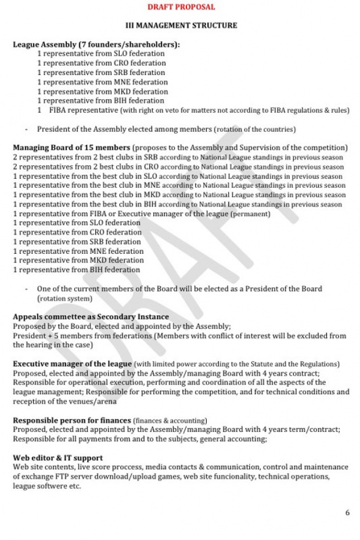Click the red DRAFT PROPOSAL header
click(181, 7)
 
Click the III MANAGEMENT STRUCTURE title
click(181, 26)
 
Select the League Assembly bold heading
click(96, 44)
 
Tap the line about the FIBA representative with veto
click(193, 110)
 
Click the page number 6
click(347, 513)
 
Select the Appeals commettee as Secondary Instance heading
click(91, 317)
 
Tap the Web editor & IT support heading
click(58, 458)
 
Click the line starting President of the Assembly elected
click(166, 129)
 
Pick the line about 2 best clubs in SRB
click(178, 157)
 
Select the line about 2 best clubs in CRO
click(178, 167)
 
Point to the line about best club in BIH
click(178, 204)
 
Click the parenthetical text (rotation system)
click(64, 298)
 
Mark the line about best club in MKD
click(179, 195)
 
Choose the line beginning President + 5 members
click(179, 336)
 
